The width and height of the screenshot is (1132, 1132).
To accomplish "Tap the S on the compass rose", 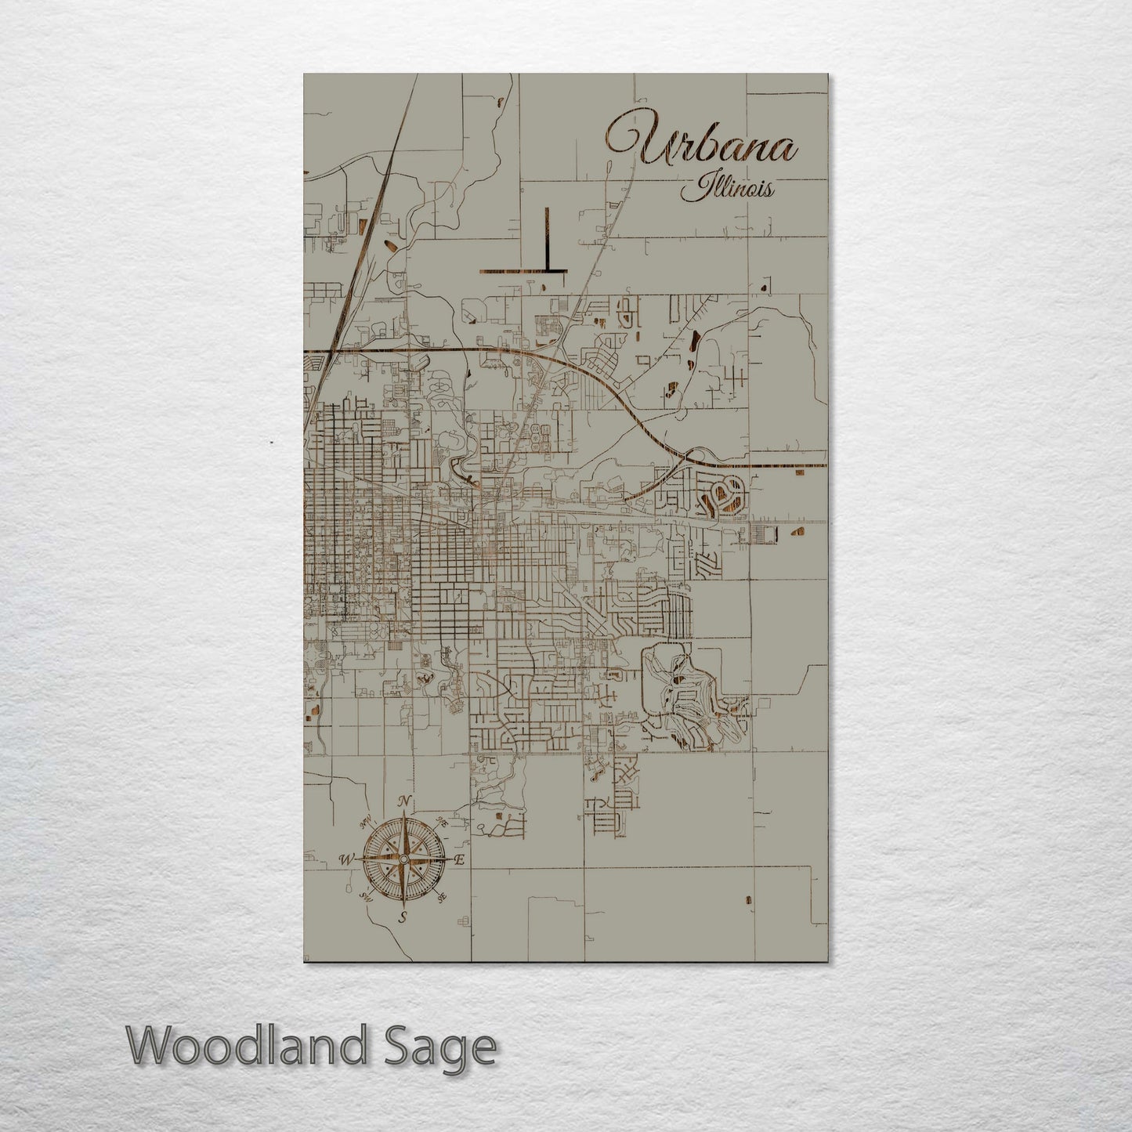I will pos(403,917).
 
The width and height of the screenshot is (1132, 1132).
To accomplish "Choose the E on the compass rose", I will pos(461,860).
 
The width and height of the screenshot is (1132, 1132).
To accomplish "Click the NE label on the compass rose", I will pos(443,822).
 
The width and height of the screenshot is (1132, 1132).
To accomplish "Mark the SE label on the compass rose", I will pos(443,897).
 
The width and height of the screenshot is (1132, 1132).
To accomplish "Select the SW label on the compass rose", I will pos(364,897).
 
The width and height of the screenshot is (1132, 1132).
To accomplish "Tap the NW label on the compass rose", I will pos(364,823).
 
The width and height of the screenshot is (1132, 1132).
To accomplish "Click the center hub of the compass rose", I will pos(403,859).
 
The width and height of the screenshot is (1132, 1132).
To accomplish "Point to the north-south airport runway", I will pos(546,239).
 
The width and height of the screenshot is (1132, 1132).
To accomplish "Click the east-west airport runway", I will pos(522,271).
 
